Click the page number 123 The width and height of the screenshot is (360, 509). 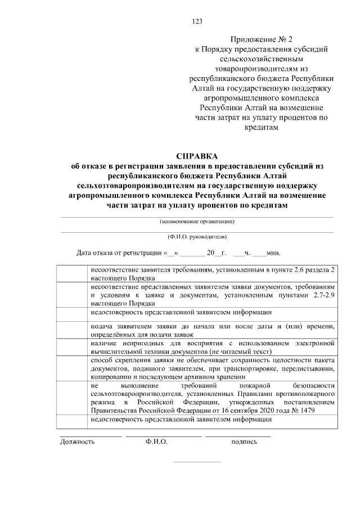coord(197,21)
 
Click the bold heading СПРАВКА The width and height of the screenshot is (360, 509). coord(197,156)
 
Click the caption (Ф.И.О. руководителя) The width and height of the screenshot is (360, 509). coord(197,237)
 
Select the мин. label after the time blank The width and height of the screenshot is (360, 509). coord(273,253)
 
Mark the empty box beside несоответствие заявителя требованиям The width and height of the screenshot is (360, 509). coord(73,274)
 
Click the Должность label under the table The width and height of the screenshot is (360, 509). coord(78,442)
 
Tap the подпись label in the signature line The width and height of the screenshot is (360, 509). coord(244,442)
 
